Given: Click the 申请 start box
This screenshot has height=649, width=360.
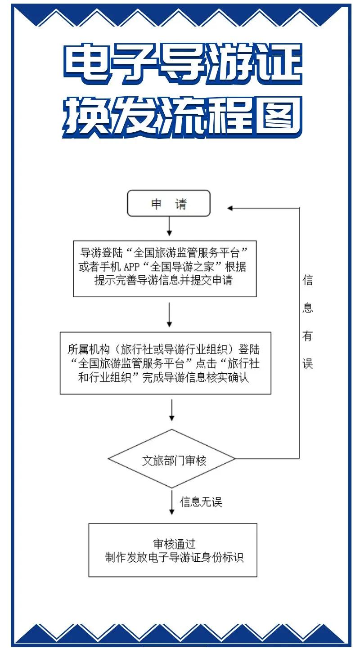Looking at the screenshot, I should click(169, 203).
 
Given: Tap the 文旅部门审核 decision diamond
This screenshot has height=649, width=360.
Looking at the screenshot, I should click(171, 459).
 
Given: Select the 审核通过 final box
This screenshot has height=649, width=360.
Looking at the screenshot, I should click(173, 550).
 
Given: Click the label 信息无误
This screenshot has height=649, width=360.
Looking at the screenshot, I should click(201, 501).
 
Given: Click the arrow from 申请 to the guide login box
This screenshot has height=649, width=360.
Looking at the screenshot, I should click(169, 226).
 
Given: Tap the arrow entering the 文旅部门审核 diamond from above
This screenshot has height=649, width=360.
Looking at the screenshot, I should click(172, 411).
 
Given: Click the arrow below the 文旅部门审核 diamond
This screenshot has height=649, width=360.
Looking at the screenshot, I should click(172, 502).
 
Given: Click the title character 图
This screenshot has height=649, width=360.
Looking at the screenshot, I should click(276, 116).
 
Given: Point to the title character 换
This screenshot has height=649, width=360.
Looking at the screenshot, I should click(87, 116).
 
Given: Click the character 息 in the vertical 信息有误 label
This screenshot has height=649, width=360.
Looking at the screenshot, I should click(307, 309).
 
